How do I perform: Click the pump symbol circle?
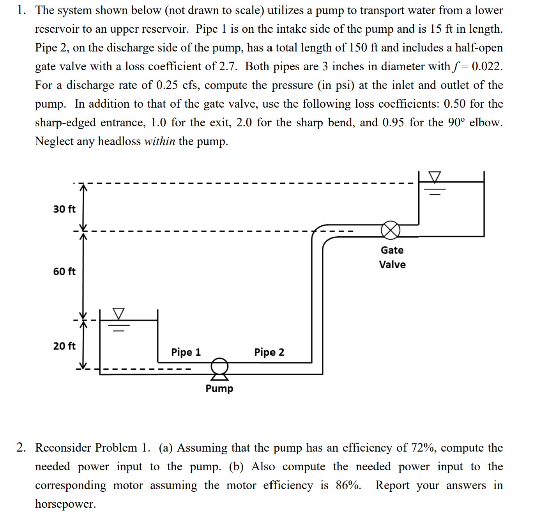pos(219,366)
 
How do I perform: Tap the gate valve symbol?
pos(390,230)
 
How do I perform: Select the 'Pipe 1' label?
pos(186,352)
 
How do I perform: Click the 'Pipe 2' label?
pos(269,352)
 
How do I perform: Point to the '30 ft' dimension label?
pos(64,209)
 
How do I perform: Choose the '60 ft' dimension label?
pos(64,271)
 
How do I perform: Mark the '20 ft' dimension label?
pos(64,346)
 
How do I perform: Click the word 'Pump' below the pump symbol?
pos(219,388)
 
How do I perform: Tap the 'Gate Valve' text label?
pos(392,257)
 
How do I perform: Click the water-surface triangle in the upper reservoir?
pos(435,177)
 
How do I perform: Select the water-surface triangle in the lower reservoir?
pos(118,313)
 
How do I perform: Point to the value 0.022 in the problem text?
pos(487,66)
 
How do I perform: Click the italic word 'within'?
pos(159,141)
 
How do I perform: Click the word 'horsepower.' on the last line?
pos(65,504)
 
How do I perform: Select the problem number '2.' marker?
pos(21,448)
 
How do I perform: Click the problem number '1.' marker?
pos(21,10)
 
